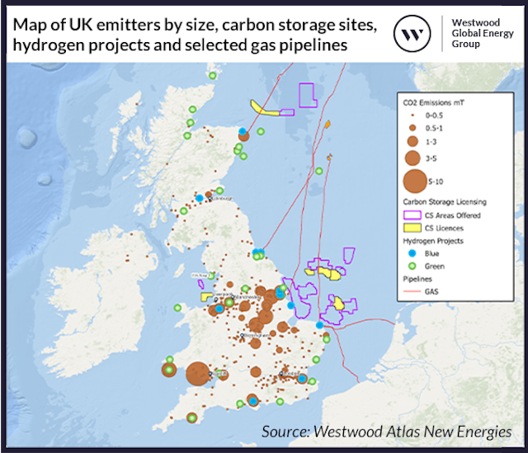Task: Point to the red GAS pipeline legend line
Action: [x=412, y=291]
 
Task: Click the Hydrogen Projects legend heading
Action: [x=433, y=240]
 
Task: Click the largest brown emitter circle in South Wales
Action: [x=197, y=374]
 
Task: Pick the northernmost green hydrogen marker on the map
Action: [x=212, y=76]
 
